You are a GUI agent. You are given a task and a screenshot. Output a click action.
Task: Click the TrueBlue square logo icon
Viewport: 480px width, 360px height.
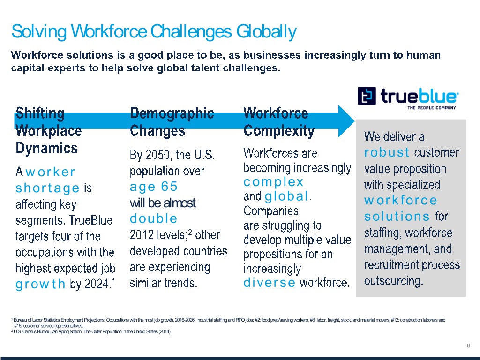point(367,96)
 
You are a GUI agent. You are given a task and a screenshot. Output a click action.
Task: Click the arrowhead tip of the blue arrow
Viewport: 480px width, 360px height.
point(355,121)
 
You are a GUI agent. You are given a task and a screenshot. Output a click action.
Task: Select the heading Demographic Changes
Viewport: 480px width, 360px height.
point(172,122)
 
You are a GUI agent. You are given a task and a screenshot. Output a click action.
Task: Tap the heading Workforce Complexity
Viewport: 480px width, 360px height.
point(279,122)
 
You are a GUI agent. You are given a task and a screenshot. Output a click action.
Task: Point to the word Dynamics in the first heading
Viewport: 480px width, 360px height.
point(46,148)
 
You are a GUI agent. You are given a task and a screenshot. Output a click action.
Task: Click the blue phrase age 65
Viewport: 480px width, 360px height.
point(154,187)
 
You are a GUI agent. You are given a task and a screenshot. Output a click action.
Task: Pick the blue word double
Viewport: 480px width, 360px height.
point(153,218)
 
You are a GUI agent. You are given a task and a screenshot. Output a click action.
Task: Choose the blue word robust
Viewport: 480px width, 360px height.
point(387,152)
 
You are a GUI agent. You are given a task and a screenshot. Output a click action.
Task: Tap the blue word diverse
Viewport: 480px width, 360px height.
point(270,282)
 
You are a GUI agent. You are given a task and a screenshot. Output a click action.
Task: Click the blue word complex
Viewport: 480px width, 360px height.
point(273,182)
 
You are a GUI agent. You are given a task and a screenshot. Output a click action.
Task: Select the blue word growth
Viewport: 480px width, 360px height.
point(40,284)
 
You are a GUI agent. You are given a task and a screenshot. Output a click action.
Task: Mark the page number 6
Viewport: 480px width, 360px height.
point(468,345)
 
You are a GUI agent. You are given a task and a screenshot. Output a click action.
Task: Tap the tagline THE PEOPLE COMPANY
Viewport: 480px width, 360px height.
point(432,108)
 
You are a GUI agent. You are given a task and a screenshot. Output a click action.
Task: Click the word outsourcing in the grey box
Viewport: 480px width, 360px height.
point(394,281)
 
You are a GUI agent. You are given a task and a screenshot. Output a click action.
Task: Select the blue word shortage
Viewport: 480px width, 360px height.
point(48,188)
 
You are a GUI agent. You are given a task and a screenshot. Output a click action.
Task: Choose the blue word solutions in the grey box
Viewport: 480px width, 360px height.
point(397,217)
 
